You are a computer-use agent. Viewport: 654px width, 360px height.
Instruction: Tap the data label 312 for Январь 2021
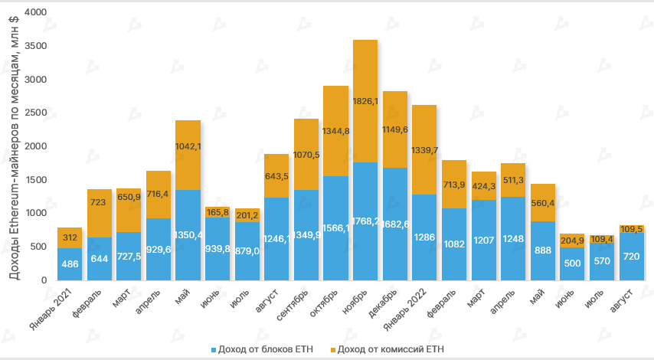coord(70,237)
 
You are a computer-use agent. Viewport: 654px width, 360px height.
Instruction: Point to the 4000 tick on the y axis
coord(36,13)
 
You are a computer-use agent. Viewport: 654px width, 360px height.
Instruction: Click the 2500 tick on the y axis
coord(36,113)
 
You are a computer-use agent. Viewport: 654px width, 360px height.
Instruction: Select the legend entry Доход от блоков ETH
coord(257,349)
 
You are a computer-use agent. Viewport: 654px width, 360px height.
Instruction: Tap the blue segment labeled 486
coord(70,263)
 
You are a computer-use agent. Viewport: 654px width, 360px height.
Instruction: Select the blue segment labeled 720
coord(632,256)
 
